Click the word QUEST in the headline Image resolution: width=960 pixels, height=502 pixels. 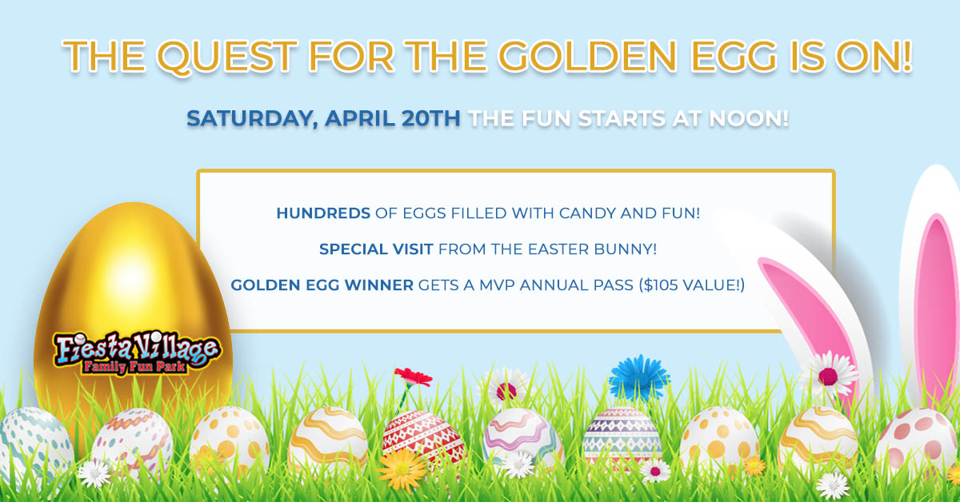coord(227,57)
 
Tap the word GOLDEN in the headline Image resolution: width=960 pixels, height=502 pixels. coord(587,56)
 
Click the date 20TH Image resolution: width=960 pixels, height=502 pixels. coord(430,118)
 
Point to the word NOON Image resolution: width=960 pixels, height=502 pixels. coord(749,118)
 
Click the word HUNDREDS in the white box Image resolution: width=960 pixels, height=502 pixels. coord(323,213)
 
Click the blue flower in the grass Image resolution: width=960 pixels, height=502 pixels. coord(639,378)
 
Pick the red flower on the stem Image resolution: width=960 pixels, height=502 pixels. coord(414,377)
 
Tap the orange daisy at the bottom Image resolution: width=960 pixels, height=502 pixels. coord(402,469)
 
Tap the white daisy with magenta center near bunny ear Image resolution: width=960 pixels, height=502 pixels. coord(828,376)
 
